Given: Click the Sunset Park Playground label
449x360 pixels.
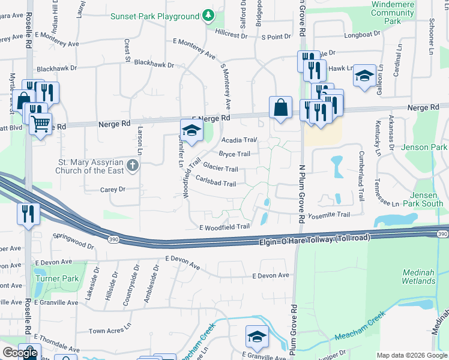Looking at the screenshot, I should tap(154, 16).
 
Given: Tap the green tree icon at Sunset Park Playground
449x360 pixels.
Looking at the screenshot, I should tap(208, 14).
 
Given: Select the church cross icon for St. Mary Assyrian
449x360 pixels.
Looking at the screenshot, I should tap(134, 166).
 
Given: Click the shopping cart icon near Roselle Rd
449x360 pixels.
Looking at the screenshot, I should tap(40, 124).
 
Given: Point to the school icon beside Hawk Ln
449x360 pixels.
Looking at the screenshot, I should tap(364, 76).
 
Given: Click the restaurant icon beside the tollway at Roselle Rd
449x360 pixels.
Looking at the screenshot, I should tap(29, 214).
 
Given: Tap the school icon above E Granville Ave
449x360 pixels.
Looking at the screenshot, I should tap(257, 336).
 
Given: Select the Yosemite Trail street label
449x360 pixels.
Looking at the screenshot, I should tap(328, 215).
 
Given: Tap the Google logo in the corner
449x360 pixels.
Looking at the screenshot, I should tap(19, 353).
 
